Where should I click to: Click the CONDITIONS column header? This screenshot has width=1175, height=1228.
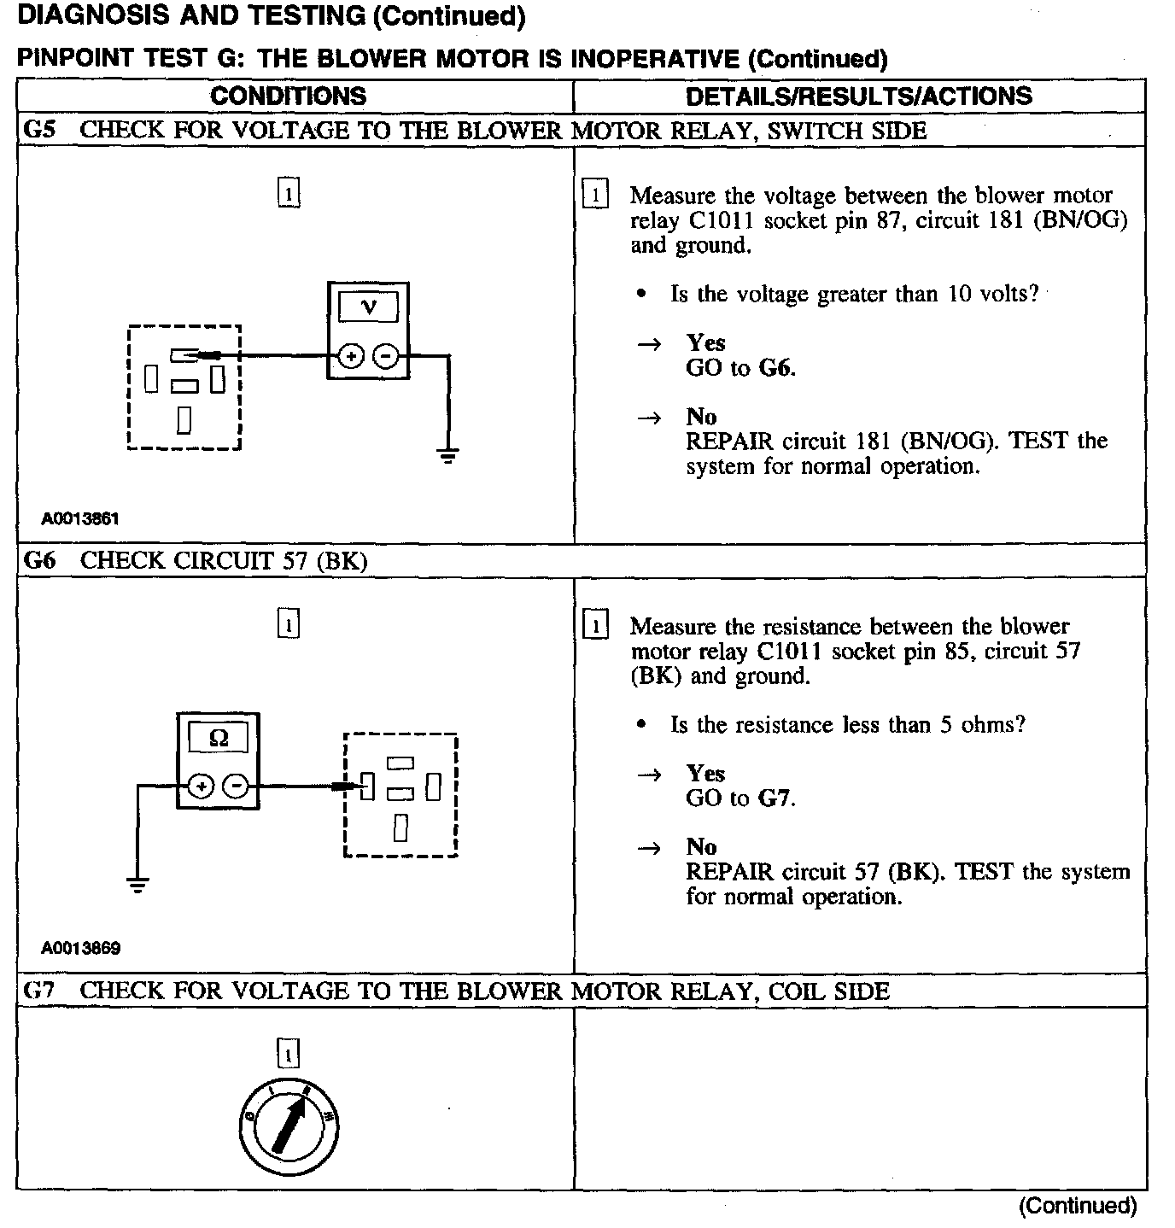(x=288, y=96)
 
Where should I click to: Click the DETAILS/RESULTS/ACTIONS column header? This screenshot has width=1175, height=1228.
(x=858, y=96)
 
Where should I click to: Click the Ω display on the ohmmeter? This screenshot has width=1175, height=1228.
(x=218, y=738)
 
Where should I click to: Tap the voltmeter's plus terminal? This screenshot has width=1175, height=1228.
(x=350, y=356)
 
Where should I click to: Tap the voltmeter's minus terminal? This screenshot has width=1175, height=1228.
(x=386, y=356)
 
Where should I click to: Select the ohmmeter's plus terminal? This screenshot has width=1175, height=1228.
(x=201, y=787)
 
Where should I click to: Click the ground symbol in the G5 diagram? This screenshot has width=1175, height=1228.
(x=448, y=454)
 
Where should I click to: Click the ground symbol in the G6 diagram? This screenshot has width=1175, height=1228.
(x=137, y=884)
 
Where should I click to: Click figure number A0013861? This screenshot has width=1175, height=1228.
(x=80, y=518)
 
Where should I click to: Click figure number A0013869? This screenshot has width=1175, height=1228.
(x=80, y=948)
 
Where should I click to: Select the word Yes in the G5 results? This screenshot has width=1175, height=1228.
(x=705, y=343)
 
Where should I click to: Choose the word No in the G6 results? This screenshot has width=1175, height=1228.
(x=701, y=847)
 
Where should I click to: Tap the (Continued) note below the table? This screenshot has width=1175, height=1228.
(x=1077, y=1206)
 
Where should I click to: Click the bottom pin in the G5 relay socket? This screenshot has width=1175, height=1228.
(x=184, y=420)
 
